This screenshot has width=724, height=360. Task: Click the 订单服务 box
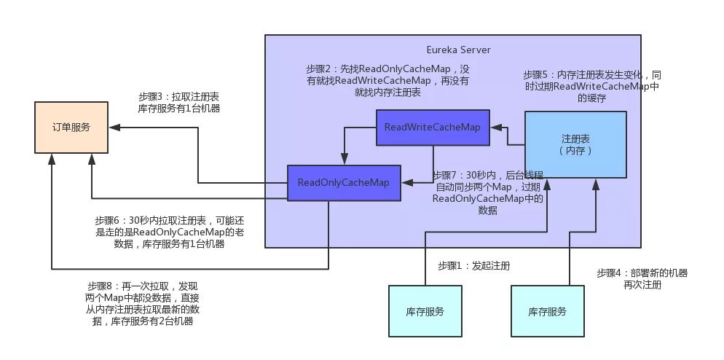(71, 127)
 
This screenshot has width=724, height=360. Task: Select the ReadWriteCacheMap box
(433, 127)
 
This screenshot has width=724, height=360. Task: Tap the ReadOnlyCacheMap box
(344, 182)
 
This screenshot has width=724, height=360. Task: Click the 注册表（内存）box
(575, 144)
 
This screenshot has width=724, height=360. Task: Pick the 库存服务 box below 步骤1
(425, 311)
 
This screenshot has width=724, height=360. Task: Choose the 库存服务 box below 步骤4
(548, 311)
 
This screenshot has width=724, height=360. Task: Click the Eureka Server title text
(458, 50)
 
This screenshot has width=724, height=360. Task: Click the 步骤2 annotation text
(387, 80)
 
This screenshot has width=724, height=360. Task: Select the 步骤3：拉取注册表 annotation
(179, 103)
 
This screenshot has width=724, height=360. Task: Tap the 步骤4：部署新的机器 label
(642, 279)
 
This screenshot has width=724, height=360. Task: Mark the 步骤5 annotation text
(591, 87)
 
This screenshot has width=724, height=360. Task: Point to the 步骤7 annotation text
(488, 192)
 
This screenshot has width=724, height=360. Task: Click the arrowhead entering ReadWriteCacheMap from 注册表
(496, 127)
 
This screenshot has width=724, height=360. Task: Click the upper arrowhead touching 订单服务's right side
(112, 127)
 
